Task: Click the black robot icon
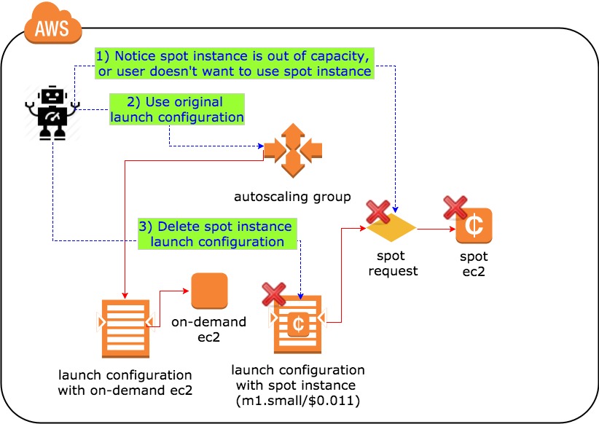click(x=52, y=112)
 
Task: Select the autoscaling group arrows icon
click(x=292, y=151)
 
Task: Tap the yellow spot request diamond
click(x=391, y=228)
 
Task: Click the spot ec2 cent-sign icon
click(x=474, y=226)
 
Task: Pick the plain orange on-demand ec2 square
click(x=209, y=291)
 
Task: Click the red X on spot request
click(x=378, y=212)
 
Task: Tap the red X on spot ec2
click(x=455, y=208)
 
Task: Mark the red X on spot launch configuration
click(x=273, y=294)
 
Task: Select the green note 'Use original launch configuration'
click(x=177, y=109)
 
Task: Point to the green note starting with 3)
click(x=217, y=234)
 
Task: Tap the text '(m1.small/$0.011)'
click(x=298, y=399)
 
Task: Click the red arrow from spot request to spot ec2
click(x=435, y=229)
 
